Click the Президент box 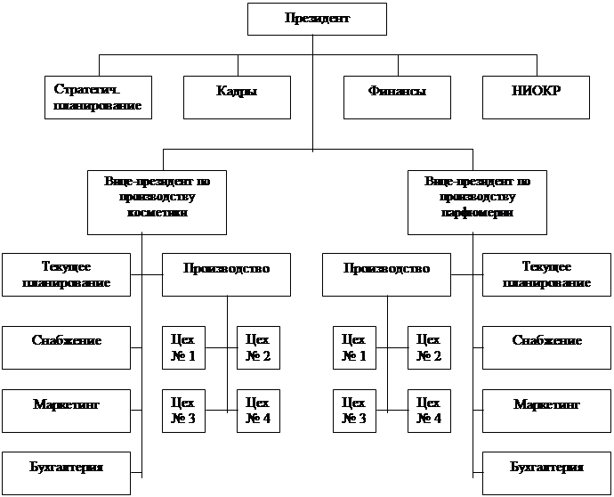[317, 20]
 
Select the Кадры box [237, 98]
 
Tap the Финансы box [397, 98]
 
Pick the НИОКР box [536, 98]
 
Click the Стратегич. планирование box [98, 98]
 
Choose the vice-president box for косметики [157, 203]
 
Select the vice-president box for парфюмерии [477, 203]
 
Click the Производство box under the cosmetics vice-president [226, 274]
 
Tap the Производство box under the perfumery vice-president [386, 274]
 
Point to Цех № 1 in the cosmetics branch [183, 347]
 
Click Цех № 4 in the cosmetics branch [258, 411]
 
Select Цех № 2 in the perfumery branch [429, 347]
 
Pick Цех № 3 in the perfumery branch [354, 411]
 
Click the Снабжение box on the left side [66, 347]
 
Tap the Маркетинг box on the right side [546, 411]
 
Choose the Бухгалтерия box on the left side [66, 473]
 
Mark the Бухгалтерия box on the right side [546, 473]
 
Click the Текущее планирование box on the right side [546, 274]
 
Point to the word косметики [158, 213]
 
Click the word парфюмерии [477, 213]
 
